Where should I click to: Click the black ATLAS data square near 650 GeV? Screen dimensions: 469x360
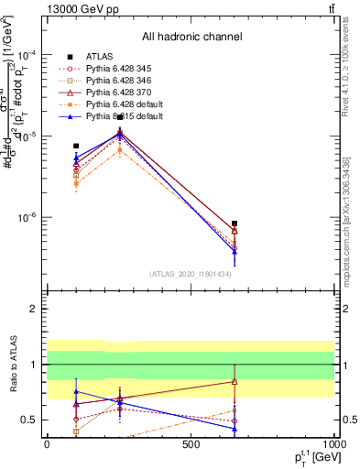pyautogui.click(x=235, y=224)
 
